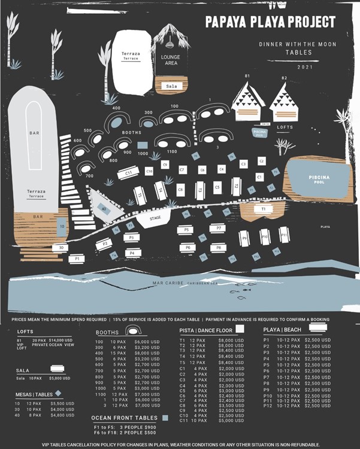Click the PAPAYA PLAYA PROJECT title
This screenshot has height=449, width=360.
point(270,22)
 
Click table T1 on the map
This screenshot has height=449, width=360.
point(264,209)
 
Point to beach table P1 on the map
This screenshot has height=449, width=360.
point(75,258)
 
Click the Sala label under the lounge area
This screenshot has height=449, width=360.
point(171,86)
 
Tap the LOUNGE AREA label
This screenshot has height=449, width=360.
point(171,59)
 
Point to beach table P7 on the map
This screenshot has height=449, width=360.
point(219,228)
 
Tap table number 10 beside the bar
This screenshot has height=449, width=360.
point(62,226)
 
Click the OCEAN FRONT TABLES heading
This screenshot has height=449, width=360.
point(125,418)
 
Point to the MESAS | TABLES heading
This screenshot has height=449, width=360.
point(34,395)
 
